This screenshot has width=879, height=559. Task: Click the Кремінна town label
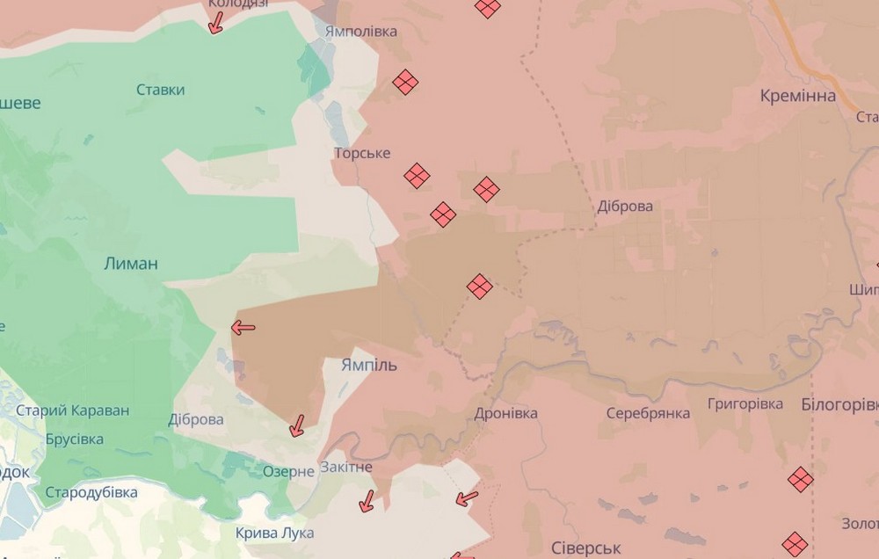pos(797,96)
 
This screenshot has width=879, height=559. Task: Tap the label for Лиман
pos(131,263)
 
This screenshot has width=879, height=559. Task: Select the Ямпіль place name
pos(368,365)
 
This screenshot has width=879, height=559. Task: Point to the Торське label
pos(362,154)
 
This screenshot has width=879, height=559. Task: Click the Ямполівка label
pos(360,32)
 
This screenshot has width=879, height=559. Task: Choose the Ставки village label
pos(161,90)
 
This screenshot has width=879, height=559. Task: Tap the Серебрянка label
pos(648,413)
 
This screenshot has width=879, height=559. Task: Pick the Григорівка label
pos(745,404)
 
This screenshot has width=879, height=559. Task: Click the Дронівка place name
pos(505,413)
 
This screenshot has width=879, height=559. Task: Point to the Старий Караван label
pos(73,410)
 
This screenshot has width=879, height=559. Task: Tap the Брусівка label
pos(74,439)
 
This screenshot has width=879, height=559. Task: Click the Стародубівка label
pos(91,492)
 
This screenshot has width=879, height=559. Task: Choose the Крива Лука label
pos(268,533)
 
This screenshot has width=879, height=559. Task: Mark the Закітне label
pos(346,467)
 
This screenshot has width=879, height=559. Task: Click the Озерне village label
pos(288,471)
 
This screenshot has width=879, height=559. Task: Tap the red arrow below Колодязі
pos(214,22)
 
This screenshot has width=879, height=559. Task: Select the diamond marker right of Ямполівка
pos(405,82)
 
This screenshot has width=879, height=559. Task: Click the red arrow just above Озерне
pos(297,426)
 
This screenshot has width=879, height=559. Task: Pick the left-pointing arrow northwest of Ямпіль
pos(243,328)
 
